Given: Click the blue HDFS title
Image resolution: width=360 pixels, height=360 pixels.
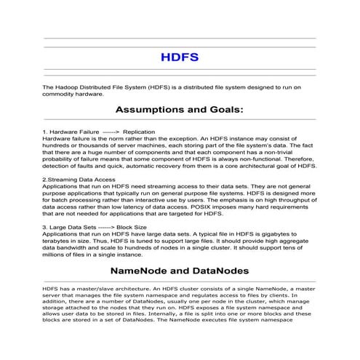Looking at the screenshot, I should pyautogui.click(x=179, y=56).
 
